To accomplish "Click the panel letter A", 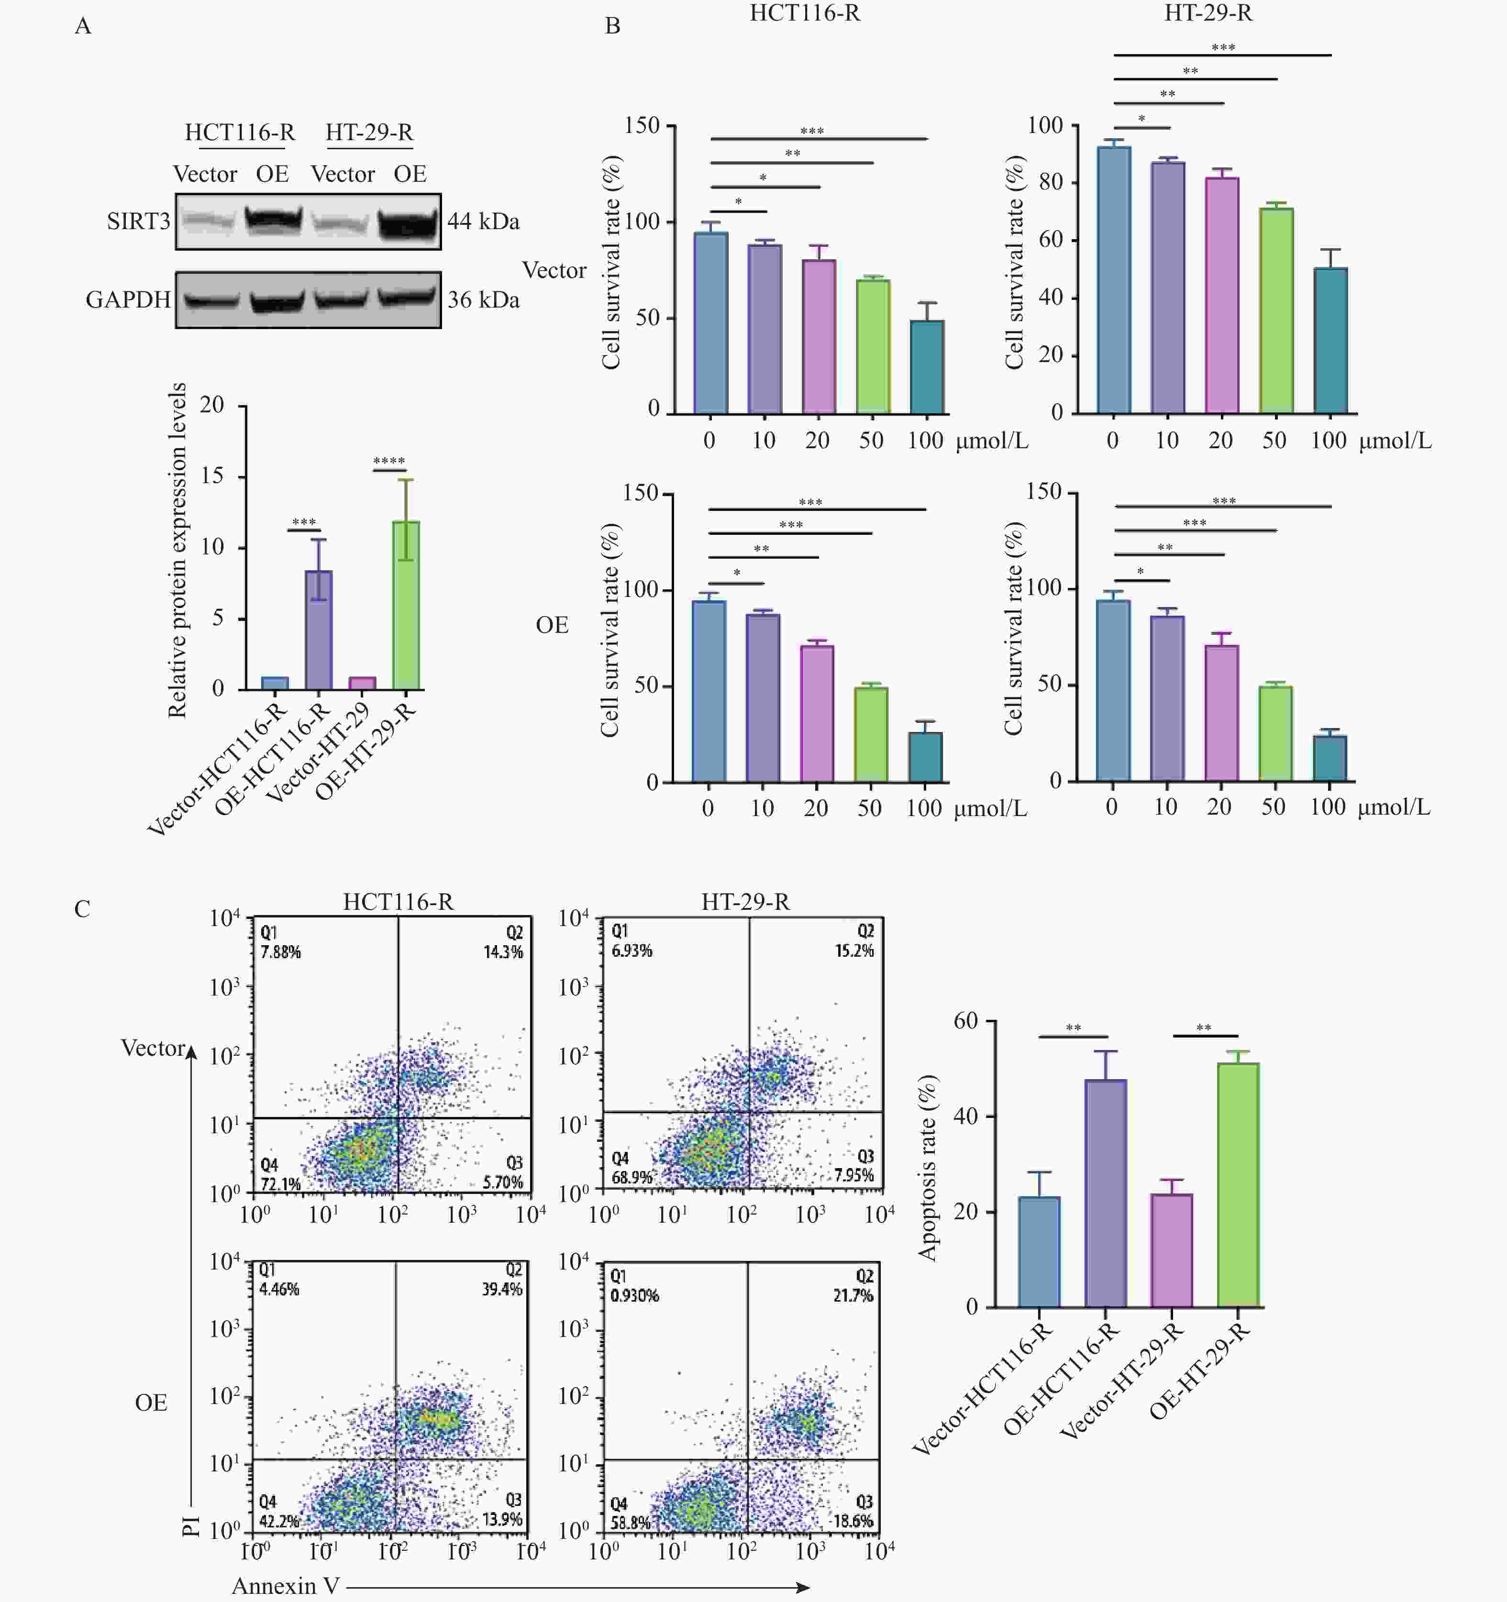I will (83, 27).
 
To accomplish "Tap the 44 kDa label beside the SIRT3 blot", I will (484, 221).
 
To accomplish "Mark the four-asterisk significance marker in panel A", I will (389, 462).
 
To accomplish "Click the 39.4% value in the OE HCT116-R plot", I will (502, 1289).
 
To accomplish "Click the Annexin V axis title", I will (286, 1586).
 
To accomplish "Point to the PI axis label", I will (191, 1525).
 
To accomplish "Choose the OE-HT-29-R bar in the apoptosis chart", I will (1238, 1184).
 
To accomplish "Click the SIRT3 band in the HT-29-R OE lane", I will (410, 221).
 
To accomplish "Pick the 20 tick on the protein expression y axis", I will (212, 405).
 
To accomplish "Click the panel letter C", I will (82, 909).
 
